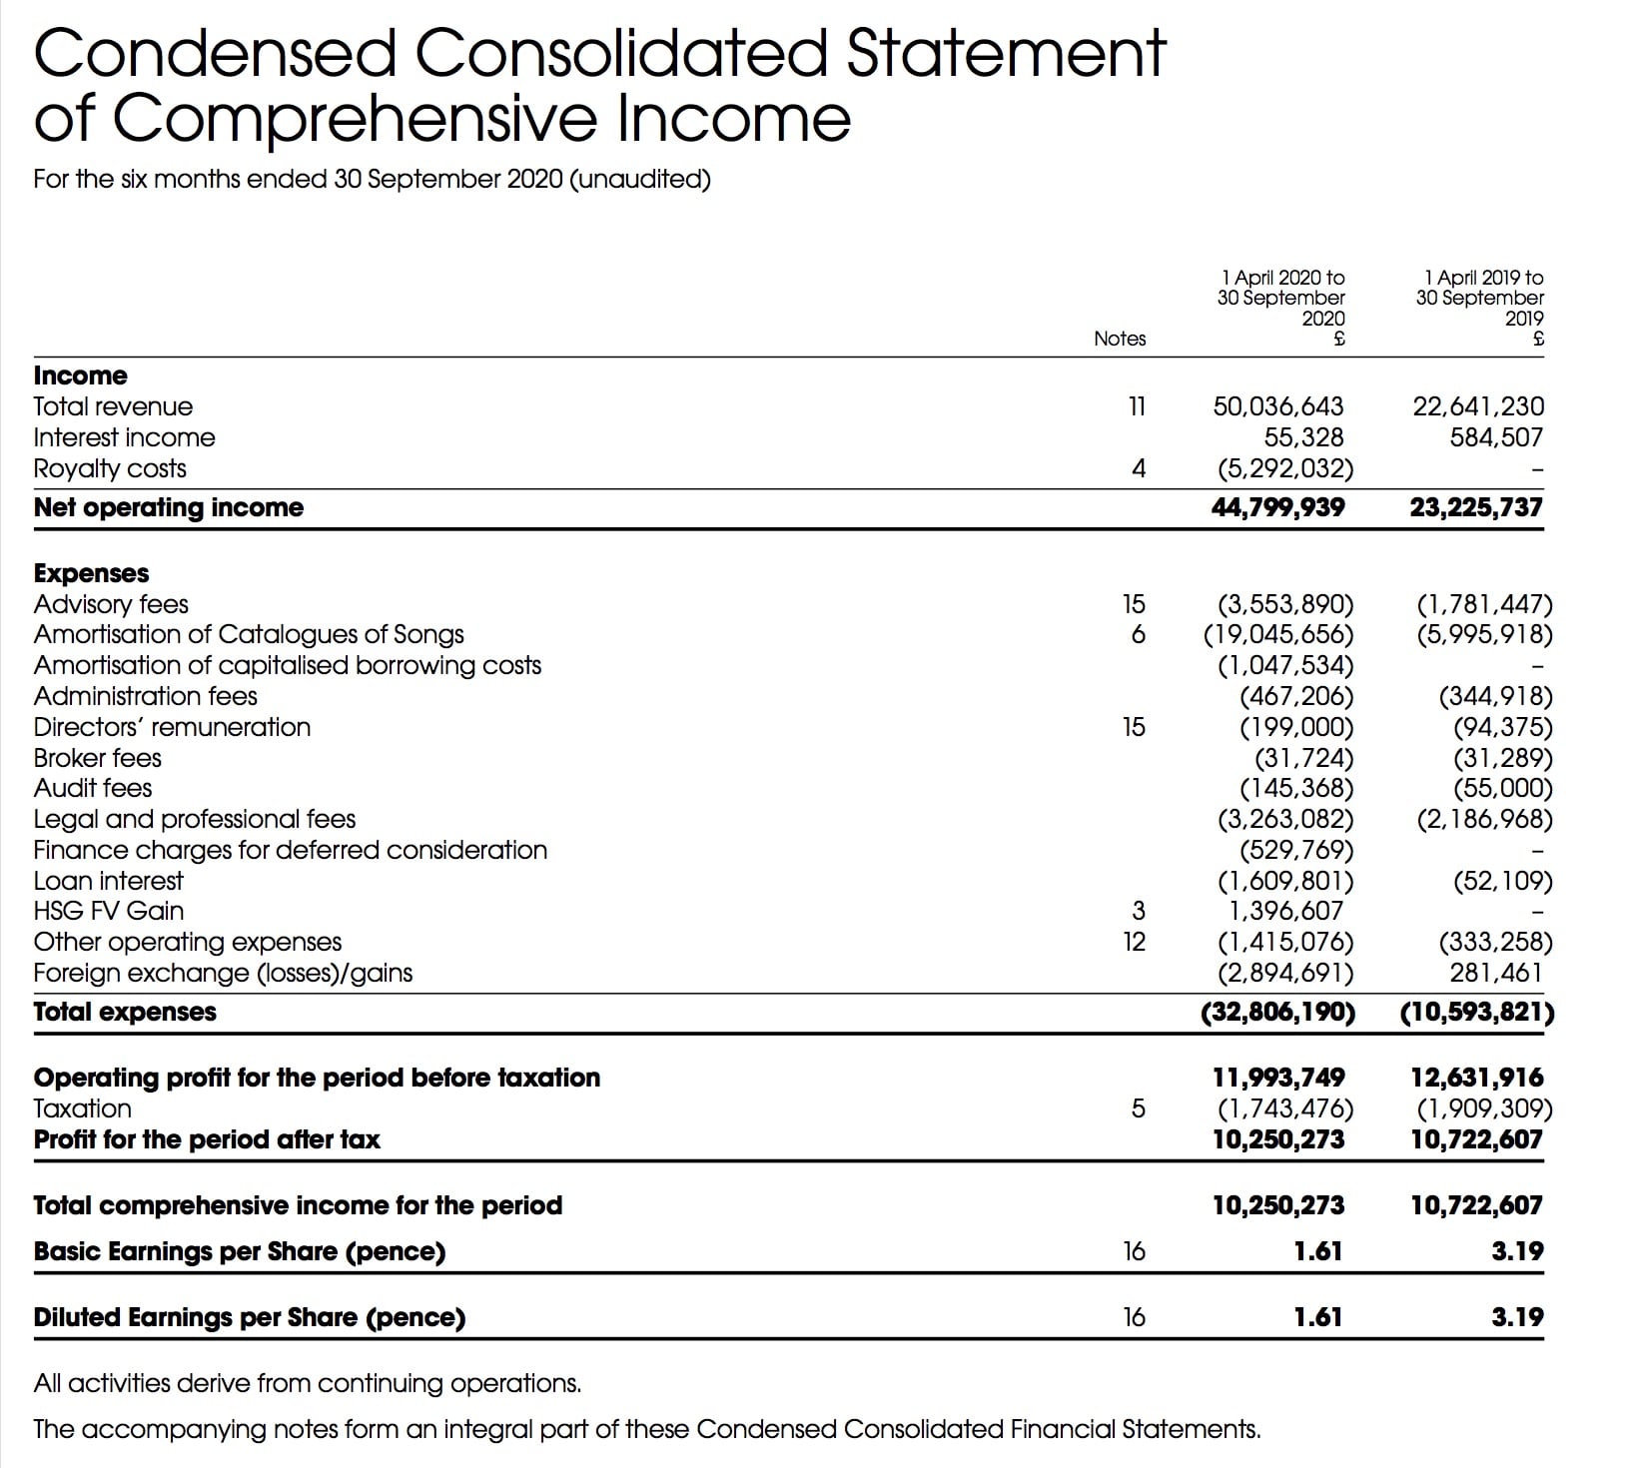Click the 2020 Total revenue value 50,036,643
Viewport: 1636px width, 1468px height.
1277,406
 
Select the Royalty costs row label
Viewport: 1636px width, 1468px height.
110,468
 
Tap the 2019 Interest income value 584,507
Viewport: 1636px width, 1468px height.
1496,437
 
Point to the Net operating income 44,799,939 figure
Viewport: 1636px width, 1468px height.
1277,507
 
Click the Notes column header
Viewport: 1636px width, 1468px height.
1120,339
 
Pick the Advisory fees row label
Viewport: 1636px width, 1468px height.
111,604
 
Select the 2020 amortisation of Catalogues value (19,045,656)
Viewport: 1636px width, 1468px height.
1278,634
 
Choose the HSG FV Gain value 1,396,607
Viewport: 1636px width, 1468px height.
1286,911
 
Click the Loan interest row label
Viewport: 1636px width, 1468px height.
109,881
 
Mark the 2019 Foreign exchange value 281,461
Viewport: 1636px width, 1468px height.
1496,973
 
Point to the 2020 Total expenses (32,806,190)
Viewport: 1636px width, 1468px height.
1277,1012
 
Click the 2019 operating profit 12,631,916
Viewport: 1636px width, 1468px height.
1476,1078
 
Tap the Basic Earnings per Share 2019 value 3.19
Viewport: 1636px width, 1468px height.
1517,1251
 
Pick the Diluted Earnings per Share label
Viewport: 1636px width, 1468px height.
250,1317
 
